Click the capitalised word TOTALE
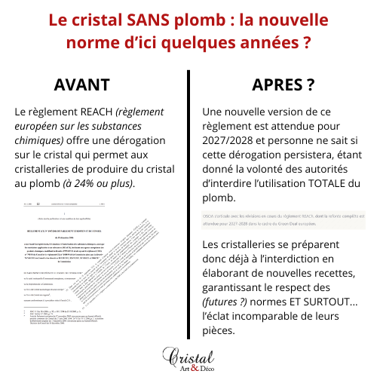(338, 183)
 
